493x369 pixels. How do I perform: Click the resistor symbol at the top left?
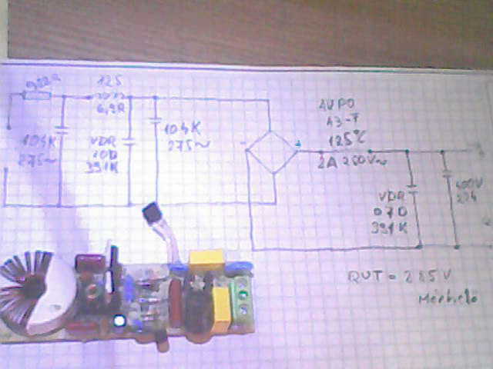37,95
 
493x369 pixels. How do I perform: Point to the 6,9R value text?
112,109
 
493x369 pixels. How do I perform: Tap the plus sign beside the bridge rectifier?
299,142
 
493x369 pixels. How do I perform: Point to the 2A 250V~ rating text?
351,161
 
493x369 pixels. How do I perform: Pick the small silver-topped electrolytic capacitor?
120,320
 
